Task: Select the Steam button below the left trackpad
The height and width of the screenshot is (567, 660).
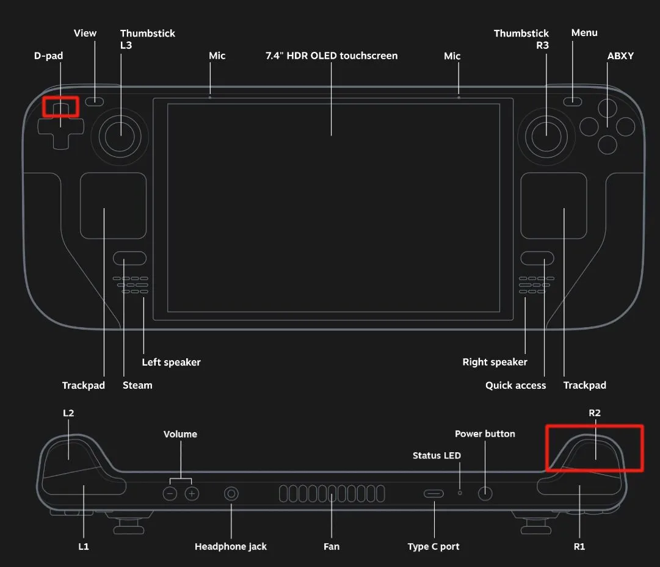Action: coord(129,258)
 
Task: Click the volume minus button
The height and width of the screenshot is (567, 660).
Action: coord(170,493)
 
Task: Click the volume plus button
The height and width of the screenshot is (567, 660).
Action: coord(192,493)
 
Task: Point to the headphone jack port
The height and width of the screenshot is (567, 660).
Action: coord(231,493)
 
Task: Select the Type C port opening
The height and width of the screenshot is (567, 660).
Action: coord(434,493)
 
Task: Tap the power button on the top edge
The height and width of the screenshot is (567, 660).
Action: coord(485,493)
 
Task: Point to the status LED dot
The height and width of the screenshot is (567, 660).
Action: coord(460,491)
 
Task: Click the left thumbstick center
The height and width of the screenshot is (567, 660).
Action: coord(120,135)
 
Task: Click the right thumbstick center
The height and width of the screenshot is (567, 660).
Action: coord(545,135)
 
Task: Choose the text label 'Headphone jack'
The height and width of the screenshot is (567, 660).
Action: coord(231,546)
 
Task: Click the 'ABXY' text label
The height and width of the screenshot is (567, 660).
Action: coord(620,56)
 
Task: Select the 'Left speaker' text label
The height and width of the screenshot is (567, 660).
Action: coord(171,362)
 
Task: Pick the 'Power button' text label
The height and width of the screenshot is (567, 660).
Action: coord(485,434)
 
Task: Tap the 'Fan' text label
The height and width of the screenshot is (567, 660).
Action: coord(332,546)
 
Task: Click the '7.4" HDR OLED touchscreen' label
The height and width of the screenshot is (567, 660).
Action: coord(332,56)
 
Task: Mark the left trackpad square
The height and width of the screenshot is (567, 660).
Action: coord(114,206)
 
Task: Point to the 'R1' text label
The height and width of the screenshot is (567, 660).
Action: coord(579,546)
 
